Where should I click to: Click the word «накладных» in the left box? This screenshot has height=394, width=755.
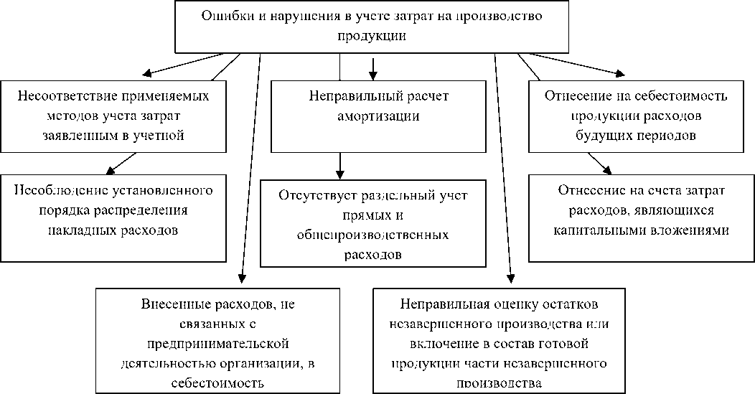click(x=80, y=230)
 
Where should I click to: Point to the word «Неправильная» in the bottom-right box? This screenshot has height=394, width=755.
click(x=440, y=304)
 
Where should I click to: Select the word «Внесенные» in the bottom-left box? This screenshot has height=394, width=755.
click(x=169, y=304)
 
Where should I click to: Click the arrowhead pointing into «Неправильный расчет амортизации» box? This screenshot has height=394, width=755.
click(x=372, y=74)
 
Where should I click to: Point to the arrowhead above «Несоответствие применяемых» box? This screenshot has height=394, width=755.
click(x=148, y=72)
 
